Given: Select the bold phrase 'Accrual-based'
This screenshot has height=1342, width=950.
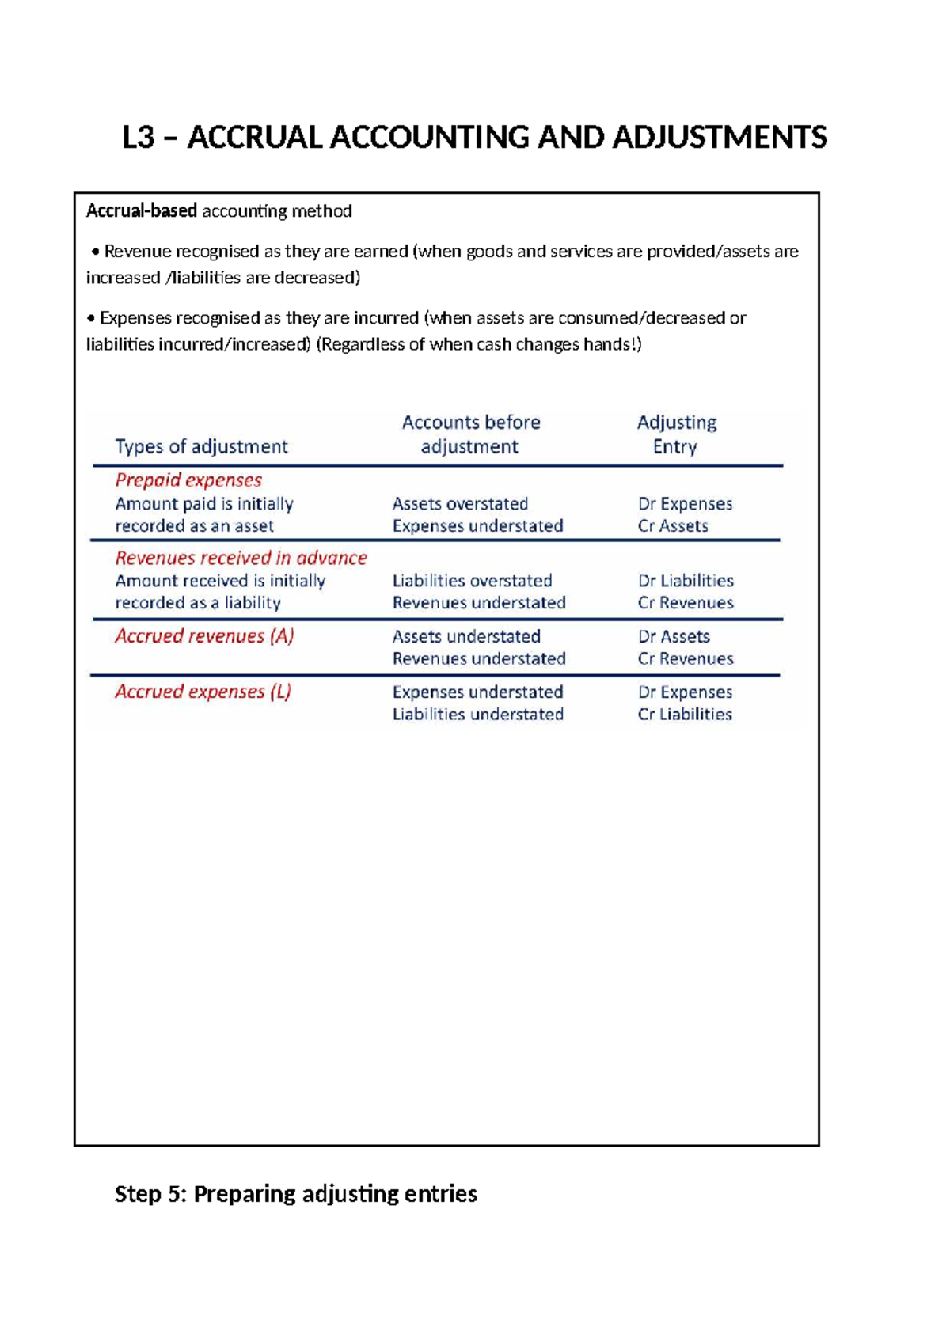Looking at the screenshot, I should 141,211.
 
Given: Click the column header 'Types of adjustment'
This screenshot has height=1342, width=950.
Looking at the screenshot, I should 201,447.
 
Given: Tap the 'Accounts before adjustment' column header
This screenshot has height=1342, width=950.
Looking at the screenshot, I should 470,434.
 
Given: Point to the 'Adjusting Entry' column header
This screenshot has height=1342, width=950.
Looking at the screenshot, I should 676,434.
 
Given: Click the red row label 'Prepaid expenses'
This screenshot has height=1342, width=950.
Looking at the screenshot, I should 188,480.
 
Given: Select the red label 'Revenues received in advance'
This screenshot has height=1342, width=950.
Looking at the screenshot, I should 241,558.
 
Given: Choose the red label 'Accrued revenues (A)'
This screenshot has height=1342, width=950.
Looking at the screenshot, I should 204,636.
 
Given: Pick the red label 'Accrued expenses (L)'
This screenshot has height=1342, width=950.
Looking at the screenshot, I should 203,692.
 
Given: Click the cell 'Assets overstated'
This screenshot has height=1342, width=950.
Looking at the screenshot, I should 460,504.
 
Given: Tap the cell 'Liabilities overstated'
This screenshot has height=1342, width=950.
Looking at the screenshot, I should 472,581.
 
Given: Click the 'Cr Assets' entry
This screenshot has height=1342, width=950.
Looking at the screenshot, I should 673,526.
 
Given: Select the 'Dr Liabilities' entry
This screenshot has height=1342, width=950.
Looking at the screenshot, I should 686,581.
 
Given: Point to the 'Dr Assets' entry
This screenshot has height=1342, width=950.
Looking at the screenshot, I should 674,637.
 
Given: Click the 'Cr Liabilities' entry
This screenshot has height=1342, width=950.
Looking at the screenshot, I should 685,715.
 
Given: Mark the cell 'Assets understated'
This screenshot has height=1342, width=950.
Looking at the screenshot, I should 466,637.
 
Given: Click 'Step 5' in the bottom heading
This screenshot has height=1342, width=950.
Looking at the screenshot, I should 149,1193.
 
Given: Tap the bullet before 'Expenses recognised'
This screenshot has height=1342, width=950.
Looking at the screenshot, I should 91,318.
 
